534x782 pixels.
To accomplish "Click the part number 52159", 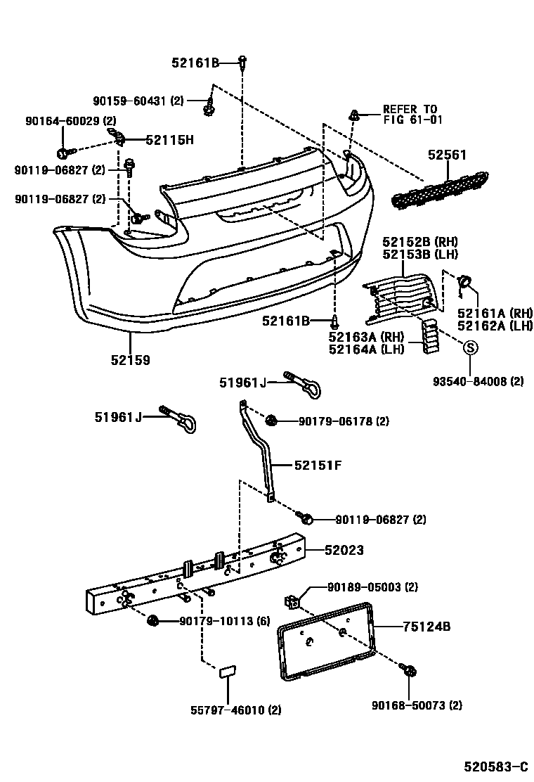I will point(130,360).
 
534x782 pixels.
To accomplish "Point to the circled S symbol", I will point(470,347).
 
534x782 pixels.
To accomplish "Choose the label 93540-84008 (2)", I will point(478,382).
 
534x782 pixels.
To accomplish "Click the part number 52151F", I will point(318,465).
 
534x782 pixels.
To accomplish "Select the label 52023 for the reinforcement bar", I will point(344,550).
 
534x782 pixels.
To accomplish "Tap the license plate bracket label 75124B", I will point(426,626).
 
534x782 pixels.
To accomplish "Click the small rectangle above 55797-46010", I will point(228,672).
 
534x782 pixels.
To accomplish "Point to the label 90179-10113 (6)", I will point(224,621).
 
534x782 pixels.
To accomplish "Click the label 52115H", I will point(169,139).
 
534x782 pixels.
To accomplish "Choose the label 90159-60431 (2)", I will point(138,101).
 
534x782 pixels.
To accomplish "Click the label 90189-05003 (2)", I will point(372,587).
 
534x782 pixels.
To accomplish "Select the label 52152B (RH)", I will point(419,243).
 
